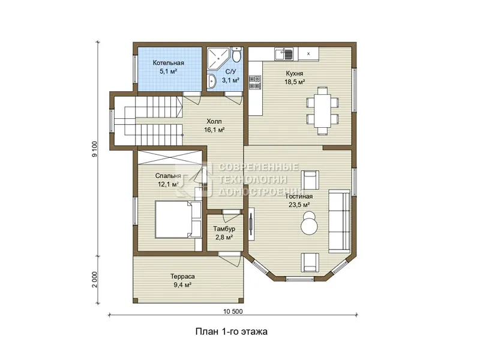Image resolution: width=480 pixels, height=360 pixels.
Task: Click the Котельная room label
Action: (169, 63)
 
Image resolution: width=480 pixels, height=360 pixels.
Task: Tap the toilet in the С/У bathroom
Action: (236, 55)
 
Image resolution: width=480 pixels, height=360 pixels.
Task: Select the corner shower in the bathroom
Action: (218, 58)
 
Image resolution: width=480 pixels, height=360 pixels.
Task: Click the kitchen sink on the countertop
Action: (284, 54)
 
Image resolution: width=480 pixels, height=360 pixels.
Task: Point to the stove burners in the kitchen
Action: (254, 82)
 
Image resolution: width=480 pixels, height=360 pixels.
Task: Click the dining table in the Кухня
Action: (323, 111)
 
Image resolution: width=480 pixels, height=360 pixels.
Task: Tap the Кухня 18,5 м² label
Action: (295, 78)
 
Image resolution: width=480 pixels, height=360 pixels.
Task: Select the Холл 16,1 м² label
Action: (214, 125)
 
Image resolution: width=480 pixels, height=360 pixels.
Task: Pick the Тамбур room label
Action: (224, 229)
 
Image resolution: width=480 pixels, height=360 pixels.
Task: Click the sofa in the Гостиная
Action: (339, 221)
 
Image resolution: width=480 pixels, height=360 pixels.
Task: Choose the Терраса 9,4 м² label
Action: (182, 281)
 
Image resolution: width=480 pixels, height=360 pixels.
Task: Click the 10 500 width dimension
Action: (233, 311)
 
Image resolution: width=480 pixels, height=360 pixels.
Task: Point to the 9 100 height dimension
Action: (95, 149)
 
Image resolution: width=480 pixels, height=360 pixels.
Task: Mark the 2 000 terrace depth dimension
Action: (95, 280)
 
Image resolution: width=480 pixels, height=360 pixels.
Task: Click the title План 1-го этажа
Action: (232, 332)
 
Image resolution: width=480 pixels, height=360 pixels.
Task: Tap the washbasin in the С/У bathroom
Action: (211, 82)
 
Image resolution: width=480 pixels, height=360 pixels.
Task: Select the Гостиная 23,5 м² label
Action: (299, 201)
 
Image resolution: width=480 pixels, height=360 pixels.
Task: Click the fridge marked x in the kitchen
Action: (308, 54)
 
